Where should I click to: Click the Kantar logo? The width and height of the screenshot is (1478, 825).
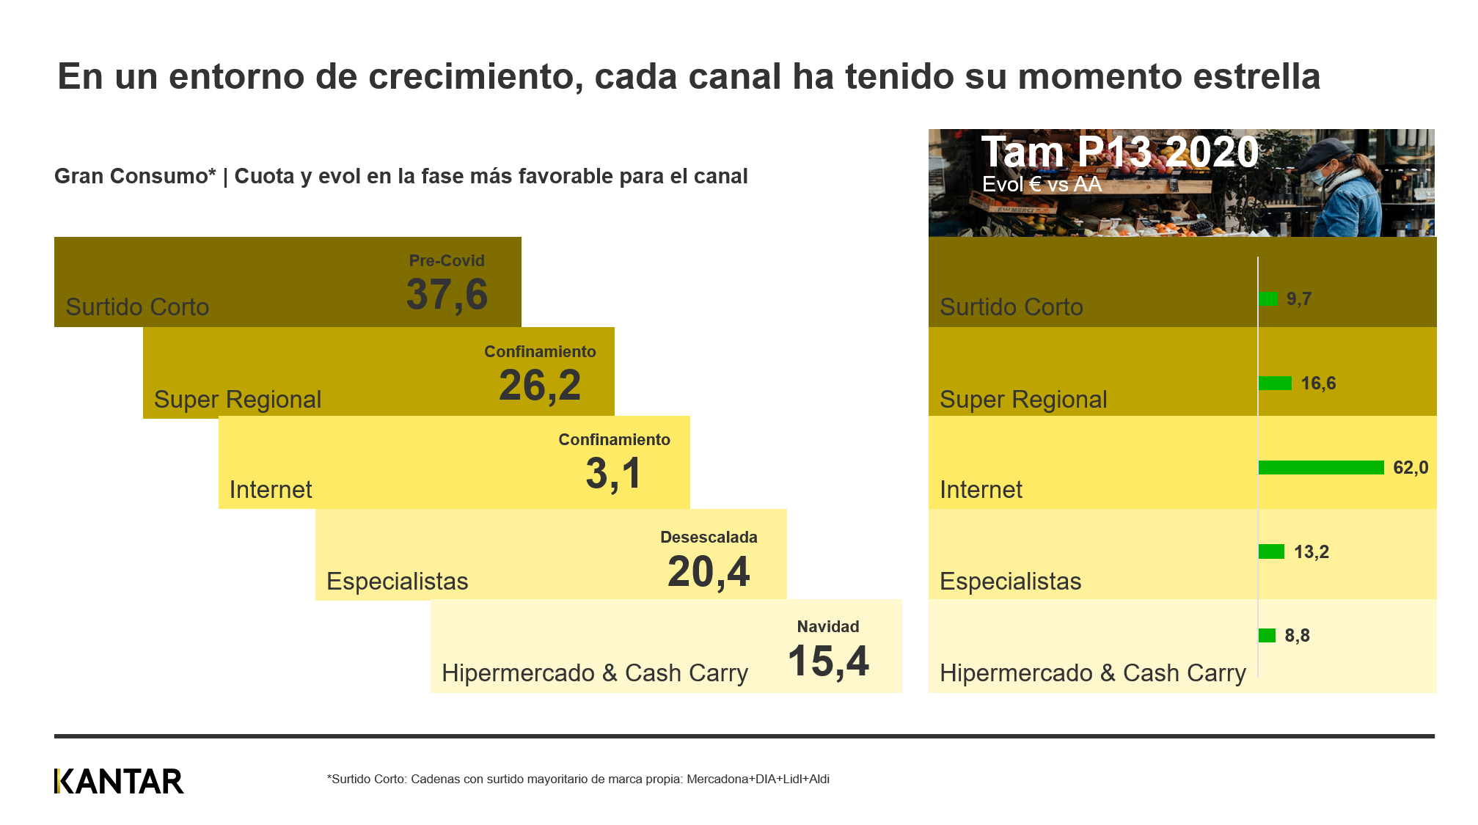click(x=119, y=781)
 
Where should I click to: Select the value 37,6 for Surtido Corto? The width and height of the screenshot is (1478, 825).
click(x=447, y=295)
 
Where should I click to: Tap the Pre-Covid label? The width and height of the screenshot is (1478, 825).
click(x=447, y=260)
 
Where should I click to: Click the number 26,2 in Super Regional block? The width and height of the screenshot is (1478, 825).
click(x=540, y=385)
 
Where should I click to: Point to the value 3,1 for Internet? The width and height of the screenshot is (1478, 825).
click(x=613, y=474)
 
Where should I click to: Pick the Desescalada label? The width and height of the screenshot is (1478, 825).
click(x=709, y=537)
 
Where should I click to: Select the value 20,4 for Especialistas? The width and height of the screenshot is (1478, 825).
click(x=709, y=572)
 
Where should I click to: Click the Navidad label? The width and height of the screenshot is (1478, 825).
click(x=827, y=626)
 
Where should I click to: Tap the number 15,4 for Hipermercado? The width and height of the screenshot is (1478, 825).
click(x=827, y=661)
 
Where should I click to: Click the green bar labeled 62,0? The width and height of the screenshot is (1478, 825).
click(x=1320, y=467)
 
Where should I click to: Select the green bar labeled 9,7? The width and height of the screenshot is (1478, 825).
click(x=1267, y=298)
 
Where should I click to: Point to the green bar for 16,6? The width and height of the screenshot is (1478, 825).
click(x=1275, y=383)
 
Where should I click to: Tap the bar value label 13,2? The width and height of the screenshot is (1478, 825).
click(x=1311, y=551)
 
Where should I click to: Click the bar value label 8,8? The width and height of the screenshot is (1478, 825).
click(x=1297, y=635)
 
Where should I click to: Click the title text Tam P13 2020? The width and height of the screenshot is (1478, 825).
click(x=1119, y=152)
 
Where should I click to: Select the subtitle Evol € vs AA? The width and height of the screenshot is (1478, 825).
click(x=1042, y=184)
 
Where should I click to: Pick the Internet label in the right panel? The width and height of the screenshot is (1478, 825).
click(x=981, y=489)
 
